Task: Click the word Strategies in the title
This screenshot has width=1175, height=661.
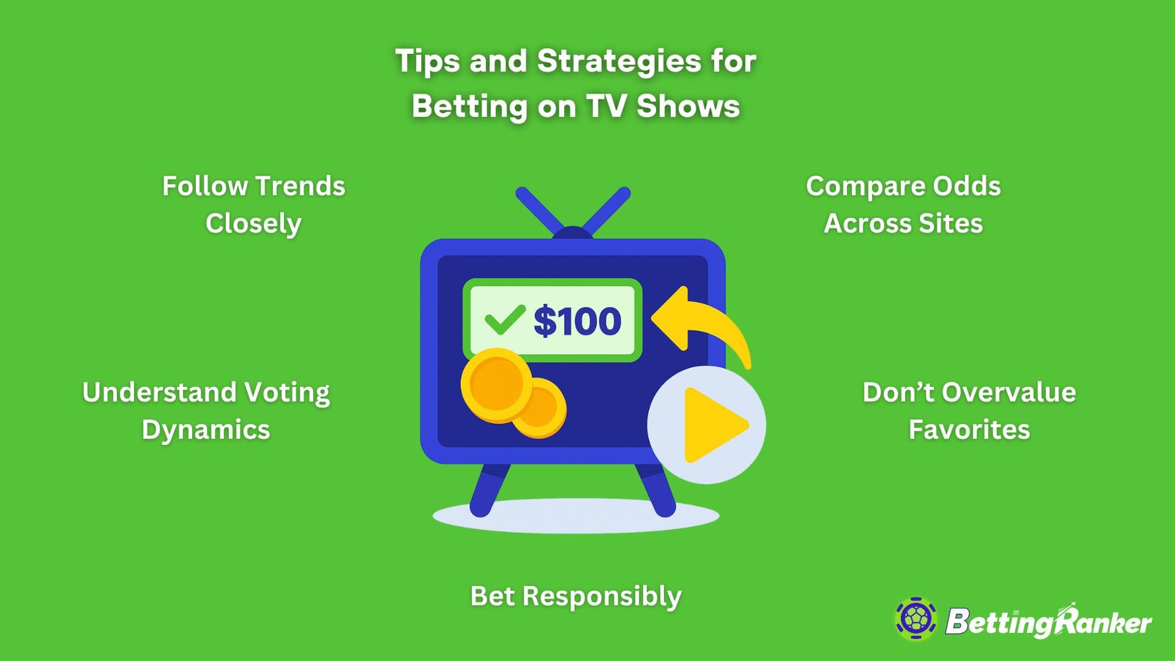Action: click(618, 61)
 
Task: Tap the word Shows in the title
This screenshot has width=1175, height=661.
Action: click(688, 106)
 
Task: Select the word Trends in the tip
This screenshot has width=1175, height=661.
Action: click(300, 186)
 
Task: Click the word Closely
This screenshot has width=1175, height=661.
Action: click(253, 223)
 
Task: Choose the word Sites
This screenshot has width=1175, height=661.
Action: click(950, 223)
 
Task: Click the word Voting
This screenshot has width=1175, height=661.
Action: click(287, 392)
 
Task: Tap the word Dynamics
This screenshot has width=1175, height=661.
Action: click(206, 430)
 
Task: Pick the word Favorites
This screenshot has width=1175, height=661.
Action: click(969, 430)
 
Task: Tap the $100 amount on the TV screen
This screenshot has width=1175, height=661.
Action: click(577, 321)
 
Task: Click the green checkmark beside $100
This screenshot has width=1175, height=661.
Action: click(504, 319)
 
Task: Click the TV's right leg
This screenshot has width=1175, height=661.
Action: click(656, 490)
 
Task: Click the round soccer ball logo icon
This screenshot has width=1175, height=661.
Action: click(916, 619)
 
